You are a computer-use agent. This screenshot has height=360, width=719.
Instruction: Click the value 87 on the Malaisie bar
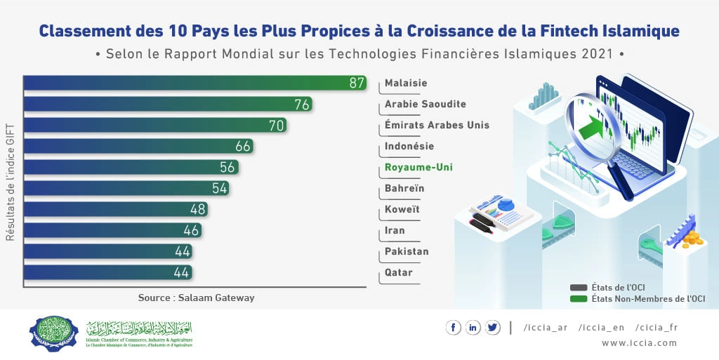[x=357, y=84]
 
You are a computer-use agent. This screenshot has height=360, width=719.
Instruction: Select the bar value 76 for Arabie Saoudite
[x=303, y=105]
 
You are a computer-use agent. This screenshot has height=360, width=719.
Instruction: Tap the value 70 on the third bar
[x=276, y=126]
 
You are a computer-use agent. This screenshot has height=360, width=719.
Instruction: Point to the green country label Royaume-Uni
[x=418, y=168]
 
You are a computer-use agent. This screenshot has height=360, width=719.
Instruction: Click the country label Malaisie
[x=406, y=84]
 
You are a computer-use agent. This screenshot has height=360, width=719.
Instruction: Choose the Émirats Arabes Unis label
[x=437, y=126]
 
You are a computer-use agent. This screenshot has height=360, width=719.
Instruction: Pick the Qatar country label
[x=399, y=273]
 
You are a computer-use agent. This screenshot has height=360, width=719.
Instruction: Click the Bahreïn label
[x=404, y=189]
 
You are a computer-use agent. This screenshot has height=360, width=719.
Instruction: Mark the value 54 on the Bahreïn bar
[x=220, y=189]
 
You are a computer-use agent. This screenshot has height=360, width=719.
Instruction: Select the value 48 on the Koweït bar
[x=198, y=210]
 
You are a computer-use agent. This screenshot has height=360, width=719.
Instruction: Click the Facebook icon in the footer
[x=453, y=327]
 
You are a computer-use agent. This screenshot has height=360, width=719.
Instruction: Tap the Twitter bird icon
[x=492, y=327]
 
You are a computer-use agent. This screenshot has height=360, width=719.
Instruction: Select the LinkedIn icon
[x=473, y=327]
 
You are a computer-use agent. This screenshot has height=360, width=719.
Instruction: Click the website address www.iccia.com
[x=639, y=343]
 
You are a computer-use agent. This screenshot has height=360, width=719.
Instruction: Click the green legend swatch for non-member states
[x=579, y=299]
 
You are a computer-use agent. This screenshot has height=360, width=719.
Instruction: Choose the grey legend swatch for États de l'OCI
[x=579, y=288]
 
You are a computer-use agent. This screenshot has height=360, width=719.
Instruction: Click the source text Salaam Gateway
[x=196, y=298]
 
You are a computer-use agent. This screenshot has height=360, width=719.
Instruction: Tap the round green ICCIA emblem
[x=55, y=333]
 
